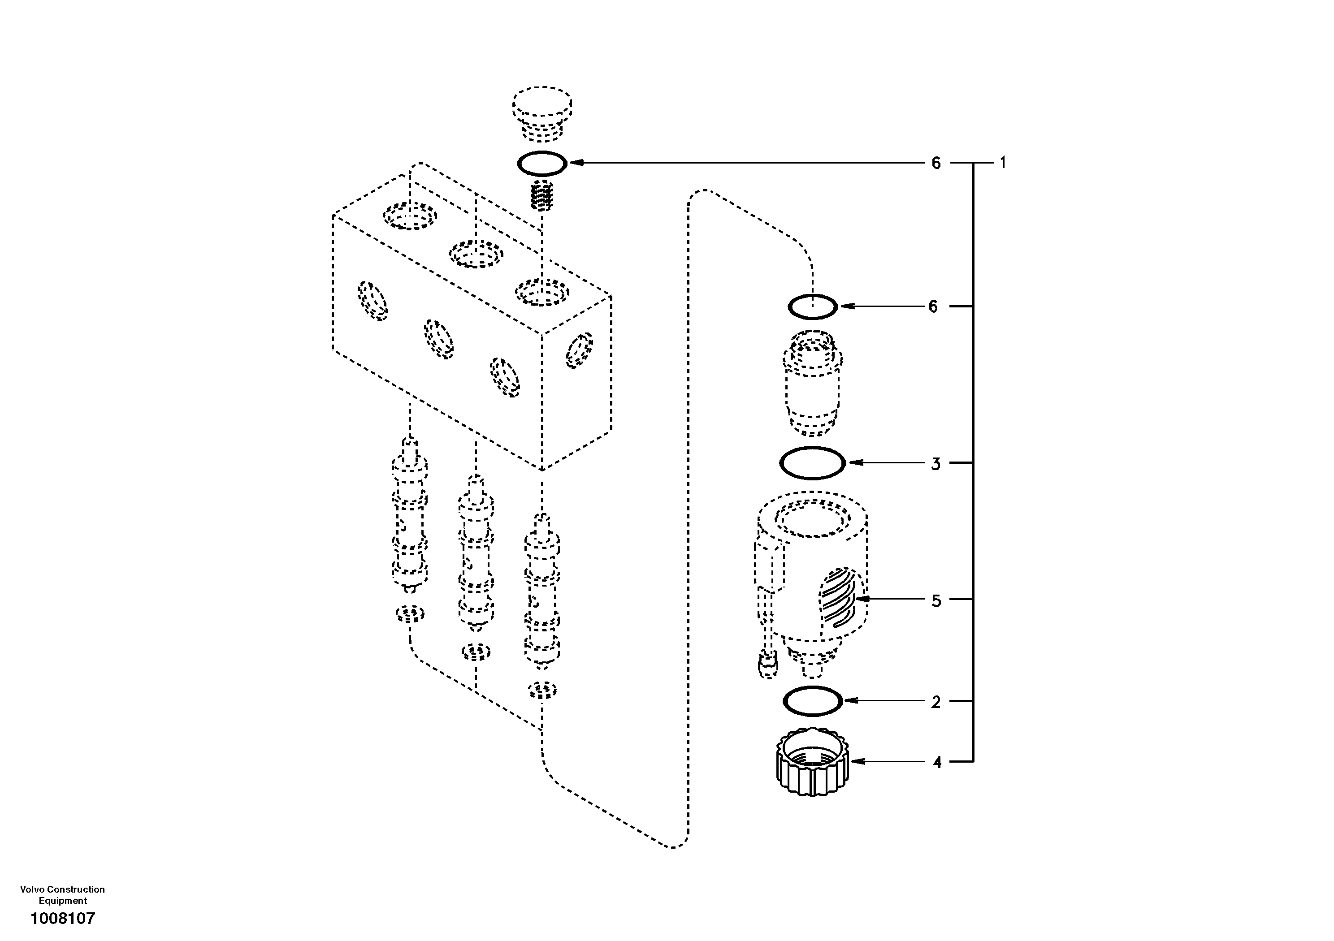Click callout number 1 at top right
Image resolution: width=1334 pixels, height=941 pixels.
point(1002,163)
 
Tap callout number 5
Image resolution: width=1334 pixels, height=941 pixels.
point(936,600)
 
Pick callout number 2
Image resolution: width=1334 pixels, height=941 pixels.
point(936,702)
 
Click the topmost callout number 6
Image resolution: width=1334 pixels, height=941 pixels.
point(936,163)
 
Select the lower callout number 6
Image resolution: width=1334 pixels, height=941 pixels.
point(933,306)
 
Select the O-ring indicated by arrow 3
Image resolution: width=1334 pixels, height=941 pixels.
point(812,463)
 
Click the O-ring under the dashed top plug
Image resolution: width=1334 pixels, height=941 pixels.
point(541,163)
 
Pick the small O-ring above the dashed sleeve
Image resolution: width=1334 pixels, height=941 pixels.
point(813,306)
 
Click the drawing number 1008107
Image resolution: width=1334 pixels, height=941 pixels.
point(63,918)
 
